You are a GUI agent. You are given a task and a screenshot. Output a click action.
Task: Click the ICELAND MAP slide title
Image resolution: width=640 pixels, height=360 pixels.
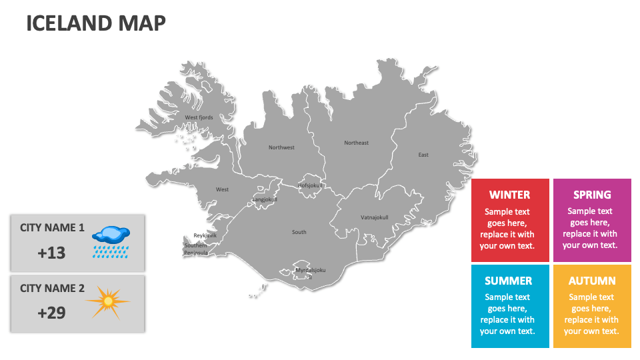[x=95, y=23]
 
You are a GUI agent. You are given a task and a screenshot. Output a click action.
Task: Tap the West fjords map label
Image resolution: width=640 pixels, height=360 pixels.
[x=199, y=117]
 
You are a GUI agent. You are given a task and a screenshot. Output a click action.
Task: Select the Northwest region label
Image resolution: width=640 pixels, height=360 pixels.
[x=281, y=147]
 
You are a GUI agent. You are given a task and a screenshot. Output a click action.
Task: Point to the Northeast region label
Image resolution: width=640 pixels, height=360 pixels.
[x=356, y=143]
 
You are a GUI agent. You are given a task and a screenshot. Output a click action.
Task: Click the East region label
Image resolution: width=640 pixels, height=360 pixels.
[x=423, y=155]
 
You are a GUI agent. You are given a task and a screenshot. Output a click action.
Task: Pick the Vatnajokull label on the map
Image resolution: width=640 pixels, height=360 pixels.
[x=374, y=217]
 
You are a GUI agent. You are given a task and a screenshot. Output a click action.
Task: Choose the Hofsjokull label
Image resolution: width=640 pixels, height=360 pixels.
[x=310, y=185]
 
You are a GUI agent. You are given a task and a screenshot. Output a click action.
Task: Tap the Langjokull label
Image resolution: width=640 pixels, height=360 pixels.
[x=264, y=199]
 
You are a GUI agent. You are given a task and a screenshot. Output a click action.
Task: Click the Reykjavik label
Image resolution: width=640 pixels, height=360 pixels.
[x=205, y=235]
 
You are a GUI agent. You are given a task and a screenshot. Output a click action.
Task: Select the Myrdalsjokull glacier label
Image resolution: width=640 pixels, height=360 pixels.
[x=311, y=270]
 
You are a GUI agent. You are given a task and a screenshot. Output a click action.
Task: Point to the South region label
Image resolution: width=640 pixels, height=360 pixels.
[x=299, y=232]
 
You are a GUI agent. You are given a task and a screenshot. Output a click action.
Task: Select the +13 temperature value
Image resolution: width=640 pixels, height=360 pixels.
[x=51, y=253]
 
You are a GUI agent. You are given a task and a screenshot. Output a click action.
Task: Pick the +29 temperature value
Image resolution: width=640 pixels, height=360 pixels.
[x=51, y=312]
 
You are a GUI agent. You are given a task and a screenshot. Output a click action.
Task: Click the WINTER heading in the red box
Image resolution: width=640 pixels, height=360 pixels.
[x=509, y=195]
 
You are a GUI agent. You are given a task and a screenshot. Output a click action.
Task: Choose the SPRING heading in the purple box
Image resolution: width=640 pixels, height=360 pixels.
[x=592, y=195]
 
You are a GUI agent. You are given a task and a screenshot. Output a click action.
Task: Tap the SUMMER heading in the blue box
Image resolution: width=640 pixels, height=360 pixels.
[x=508, y=281]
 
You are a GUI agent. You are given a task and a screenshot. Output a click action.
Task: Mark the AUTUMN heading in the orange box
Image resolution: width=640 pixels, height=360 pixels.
[x=592, y=281]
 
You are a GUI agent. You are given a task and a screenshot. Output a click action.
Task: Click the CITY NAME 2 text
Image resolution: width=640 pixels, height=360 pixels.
[x=52, y=288]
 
